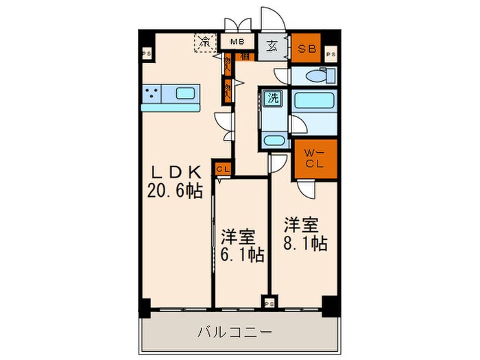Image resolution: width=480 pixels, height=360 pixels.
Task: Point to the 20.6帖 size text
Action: pyautogui.click(x=175, y=191)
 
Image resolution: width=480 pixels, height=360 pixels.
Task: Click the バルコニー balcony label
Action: pyautogui.click(x=235, y=333)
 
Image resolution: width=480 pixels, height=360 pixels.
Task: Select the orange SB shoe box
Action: pyautogui.click(x=306, y=49)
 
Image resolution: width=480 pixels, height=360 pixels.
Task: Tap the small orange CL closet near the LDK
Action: pyautogui.click(x=223, y=168)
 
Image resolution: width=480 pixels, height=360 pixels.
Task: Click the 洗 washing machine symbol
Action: pyautogui.click(x=273, y=98)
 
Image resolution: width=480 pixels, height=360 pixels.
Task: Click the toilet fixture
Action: pyautogui.click(x=317, y=76)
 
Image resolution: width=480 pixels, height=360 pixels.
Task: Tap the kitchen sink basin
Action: pyautogui.click(x=185, y=93)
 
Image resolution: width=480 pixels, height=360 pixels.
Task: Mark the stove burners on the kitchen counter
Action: pyautogui.click(x=154, y=93)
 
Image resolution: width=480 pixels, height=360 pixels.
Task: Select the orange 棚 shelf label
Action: pyautogui.click(x=245, y=56)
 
